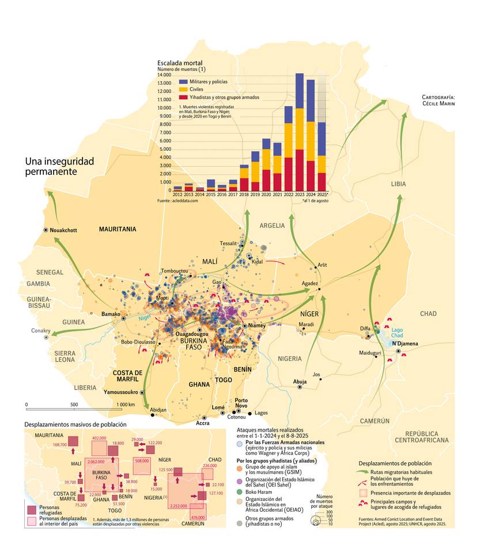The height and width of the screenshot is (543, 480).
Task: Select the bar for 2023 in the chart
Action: pos(300,133)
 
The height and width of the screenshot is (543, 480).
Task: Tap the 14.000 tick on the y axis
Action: pos(164,75)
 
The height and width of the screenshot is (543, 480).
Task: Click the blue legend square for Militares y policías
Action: pos(183,82)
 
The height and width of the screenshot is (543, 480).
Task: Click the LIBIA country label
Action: pos(398,184)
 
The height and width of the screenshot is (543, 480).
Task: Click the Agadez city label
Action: pos(311,283)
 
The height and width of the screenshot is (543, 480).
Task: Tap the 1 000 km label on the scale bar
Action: pos(125,405)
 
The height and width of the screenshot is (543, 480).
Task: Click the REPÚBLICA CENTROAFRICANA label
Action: pos(426,436)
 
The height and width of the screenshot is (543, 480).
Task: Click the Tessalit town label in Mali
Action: pos(228,244)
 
